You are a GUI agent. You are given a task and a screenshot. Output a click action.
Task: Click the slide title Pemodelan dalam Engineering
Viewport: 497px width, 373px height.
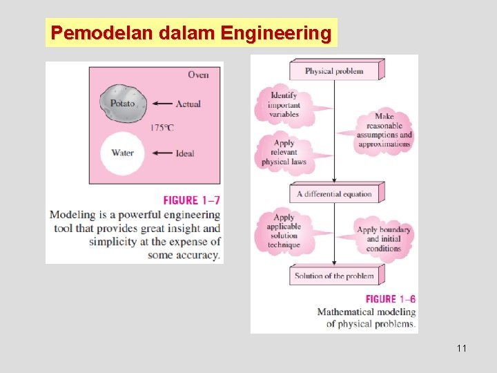click(x=191, y=32)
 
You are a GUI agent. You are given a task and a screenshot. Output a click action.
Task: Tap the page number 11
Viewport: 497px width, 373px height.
click(x=461, y=348)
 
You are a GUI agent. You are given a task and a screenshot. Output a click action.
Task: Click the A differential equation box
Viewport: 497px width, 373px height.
click(x=335, y=194)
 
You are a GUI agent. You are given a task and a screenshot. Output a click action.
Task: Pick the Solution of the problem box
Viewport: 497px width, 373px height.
click(x=335, y=276)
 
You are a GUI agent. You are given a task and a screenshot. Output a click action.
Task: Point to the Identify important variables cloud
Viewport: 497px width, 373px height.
click(x=284, y=105)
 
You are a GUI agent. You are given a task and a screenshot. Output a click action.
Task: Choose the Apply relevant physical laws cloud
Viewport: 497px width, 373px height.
click(x=284, y=152)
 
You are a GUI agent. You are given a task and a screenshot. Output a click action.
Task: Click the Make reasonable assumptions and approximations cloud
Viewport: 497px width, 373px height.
click(x=384, y=131)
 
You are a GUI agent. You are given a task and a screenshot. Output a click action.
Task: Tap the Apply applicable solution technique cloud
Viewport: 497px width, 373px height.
click(x=284, y=231)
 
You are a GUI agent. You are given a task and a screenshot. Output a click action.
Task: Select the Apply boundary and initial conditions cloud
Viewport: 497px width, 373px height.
click(x=383, y=239)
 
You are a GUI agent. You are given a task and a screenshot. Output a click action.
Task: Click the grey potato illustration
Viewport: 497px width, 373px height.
click(x=123, y=103)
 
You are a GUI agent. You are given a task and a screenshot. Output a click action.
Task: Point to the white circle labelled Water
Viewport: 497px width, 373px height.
click(x=122, y=153)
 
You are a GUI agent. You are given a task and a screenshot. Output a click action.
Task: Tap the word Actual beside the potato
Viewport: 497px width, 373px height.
click(x=188, y=104)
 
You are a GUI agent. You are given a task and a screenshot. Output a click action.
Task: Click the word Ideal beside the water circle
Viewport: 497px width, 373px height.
click(x=185, y=153)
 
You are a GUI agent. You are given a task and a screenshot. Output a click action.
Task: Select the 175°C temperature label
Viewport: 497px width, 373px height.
click(x=162, y=128)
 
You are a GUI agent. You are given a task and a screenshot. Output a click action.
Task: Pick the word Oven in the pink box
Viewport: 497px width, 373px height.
click(x=198, y=75)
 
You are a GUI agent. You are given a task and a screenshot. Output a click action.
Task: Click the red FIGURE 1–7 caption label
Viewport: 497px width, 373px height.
click(x=191, y=200)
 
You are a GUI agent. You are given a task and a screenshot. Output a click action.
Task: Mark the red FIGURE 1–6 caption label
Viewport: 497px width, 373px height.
click(x=390, y=299)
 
